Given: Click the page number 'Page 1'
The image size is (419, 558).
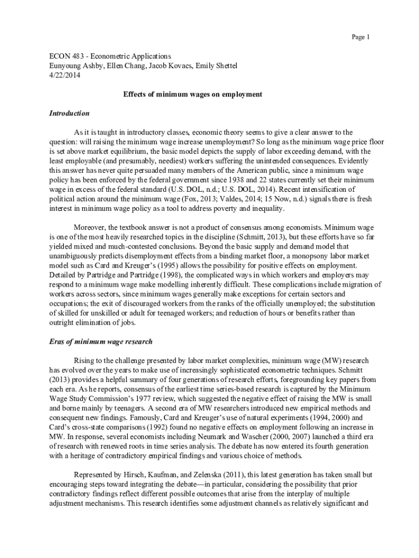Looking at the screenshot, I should (360, 37).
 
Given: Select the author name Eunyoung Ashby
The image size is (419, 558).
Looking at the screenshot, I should (74, 65).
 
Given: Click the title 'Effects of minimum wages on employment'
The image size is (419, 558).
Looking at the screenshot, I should (193, 94).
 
